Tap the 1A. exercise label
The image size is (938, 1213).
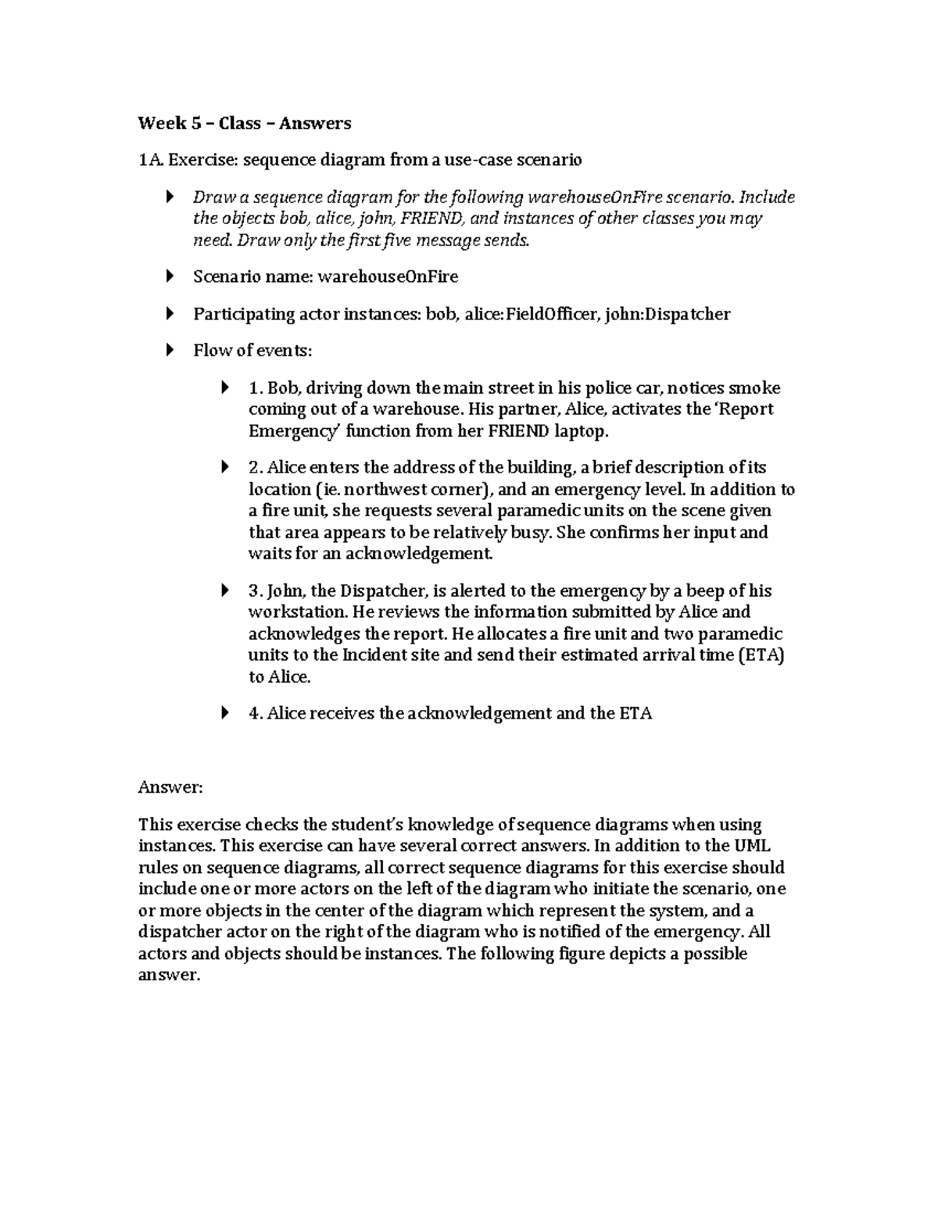pyautogui.click(x=150, y=160)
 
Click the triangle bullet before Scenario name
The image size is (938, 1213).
pyautogui.click(x=171, y=276)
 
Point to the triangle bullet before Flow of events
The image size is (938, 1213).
pyautogui.click(x=171, y=351)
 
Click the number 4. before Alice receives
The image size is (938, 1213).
pyautogui.click(x=255, y=713)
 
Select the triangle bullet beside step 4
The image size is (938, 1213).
pyautogui.click(x=226, y=713)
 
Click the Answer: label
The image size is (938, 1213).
pyautogui.click(x=170, y=787)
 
